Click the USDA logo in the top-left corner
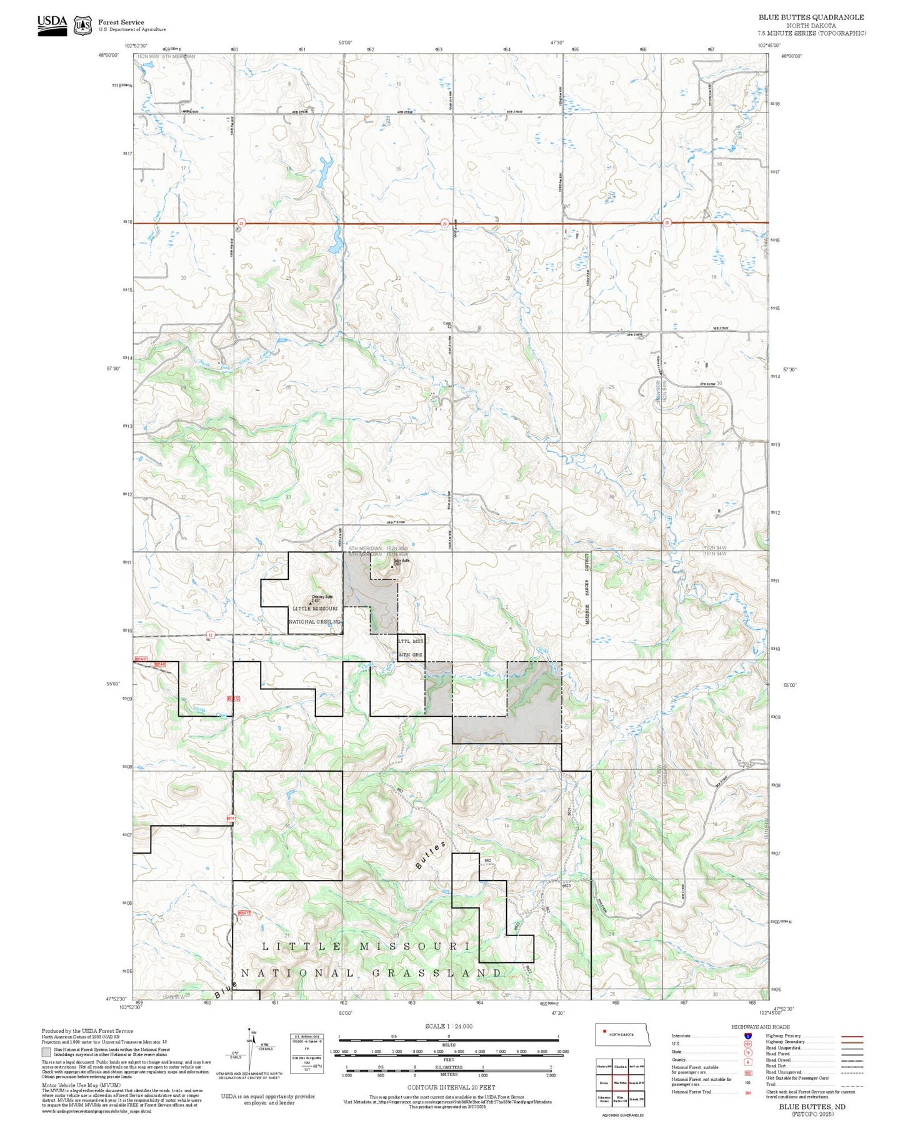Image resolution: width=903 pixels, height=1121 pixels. coord(52,25)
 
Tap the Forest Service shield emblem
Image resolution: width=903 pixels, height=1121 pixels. coord(82,26)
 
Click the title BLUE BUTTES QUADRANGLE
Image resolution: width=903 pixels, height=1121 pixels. coord(811,17)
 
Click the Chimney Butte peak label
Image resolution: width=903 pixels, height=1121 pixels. coord(322,597)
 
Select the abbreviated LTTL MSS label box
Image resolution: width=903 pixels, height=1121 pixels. coord(411,642)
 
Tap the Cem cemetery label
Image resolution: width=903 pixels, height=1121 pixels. coord(447,323)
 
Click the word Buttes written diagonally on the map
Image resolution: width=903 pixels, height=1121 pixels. coord(431,855)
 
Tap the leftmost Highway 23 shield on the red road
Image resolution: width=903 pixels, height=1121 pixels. coord(241,222)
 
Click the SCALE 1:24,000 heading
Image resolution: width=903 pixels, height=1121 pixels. coord(448,1026)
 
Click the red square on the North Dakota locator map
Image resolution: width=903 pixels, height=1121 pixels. coord(604,1032)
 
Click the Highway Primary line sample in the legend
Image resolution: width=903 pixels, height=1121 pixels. coord(852,1036)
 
